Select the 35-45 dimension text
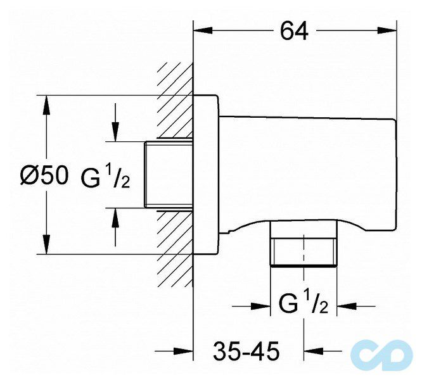(246, 351)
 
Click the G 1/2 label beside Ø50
(105, 176)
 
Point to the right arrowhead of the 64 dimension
(387, 30)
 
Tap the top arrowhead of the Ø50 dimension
(46, 105)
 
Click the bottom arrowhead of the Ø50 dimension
(46, 244)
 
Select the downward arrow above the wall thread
(115, 122)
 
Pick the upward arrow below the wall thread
(115, 227)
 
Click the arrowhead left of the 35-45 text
(174, 351)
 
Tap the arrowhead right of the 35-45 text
(323, 351)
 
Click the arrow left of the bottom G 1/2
(251, 306)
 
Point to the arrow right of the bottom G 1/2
(356, 306)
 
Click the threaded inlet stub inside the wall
(169, 175)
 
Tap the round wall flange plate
(207, 175)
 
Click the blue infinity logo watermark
(381, 355)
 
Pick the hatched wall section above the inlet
(176, 101)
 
